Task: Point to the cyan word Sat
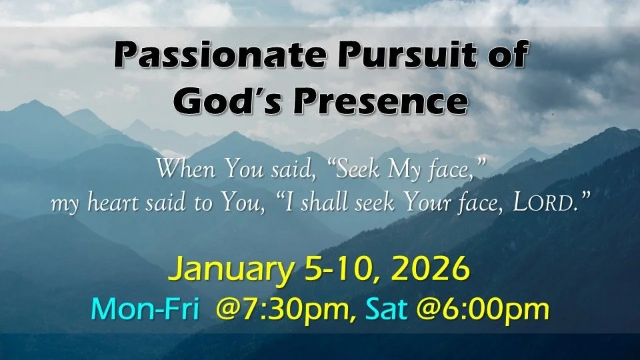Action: coord(391,311)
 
